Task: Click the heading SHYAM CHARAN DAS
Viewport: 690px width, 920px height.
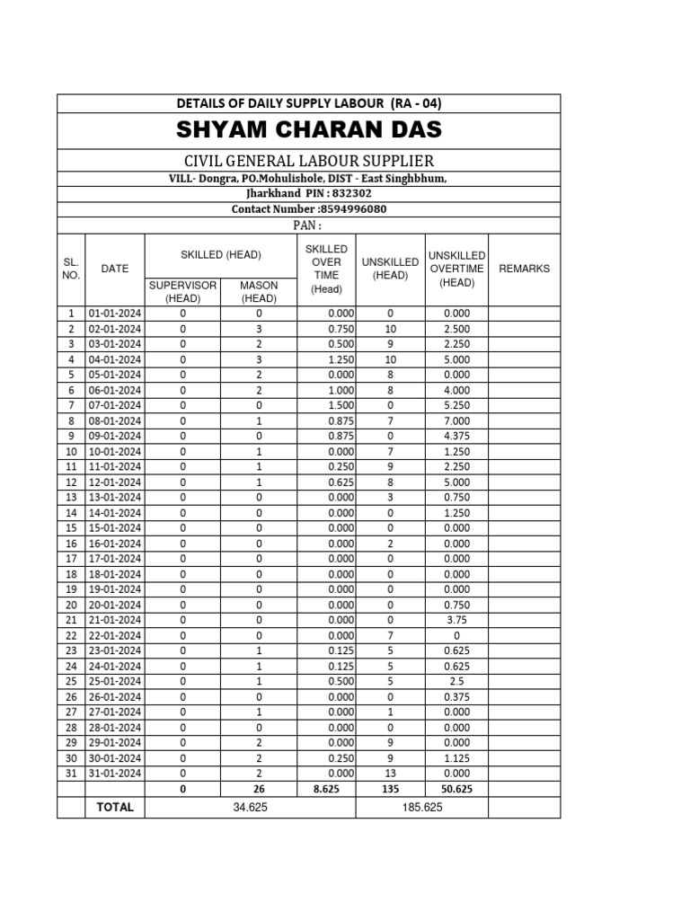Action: click(x=308, y=130)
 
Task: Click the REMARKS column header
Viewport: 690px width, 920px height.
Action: click(x=524, y=269)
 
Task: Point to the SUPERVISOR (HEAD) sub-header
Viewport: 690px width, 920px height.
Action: click(x=182, y=291)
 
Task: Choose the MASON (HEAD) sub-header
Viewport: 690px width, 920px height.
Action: click(x=259, y=291)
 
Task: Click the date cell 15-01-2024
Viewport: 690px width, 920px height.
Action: click(x=115, y=527)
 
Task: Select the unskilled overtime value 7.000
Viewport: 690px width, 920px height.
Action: click(x=456, y=420)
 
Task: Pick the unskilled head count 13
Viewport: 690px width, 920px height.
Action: click(x=390, y=773)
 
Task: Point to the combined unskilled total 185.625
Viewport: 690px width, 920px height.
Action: click(x=421, y=807)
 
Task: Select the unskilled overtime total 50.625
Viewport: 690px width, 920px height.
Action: click(x=456, y=789)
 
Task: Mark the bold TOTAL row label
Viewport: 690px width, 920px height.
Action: click(x=115, y=807)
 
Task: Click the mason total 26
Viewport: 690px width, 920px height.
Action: click(x=259, y=789)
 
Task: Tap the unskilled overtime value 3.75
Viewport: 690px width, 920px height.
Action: click(x=456, y=620)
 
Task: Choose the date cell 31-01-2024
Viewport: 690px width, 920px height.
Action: click(x=115, y=773)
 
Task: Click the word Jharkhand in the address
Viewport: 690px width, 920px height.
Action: click(x=276, y=193)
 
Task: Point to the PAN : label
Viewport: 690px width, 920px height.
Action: click(x=308, y=225)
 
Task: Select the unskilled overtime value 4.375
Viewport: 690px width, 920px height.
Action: click(x=456, y=436)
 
